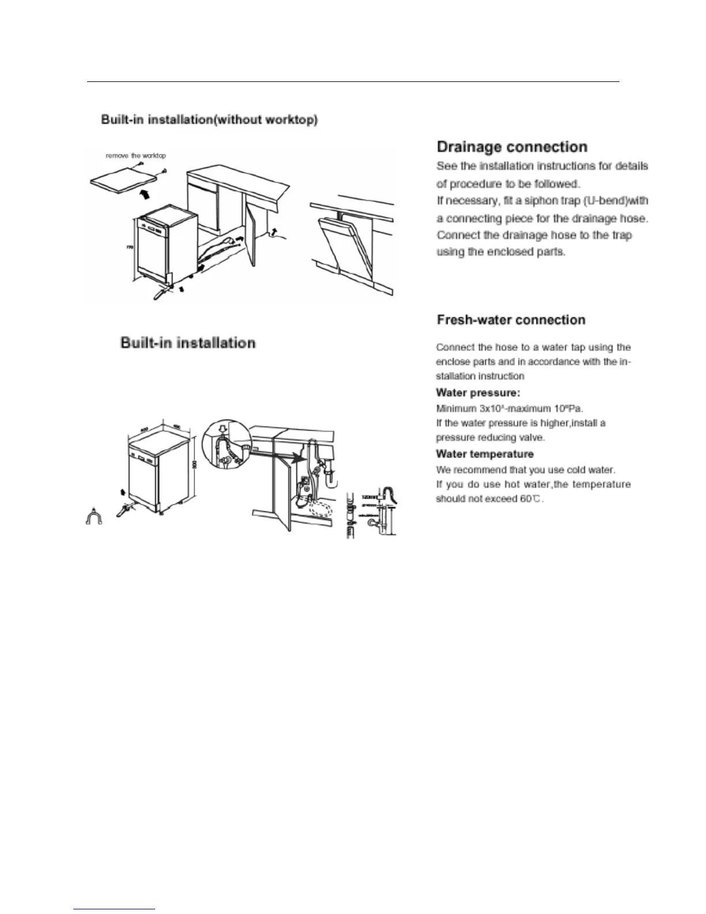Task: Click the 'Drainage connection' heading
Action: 512,147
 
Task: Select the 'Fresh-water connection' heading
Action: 511,320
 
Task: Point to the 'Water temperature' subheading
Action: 485,454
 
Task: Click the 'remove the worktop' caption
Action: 136,156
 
